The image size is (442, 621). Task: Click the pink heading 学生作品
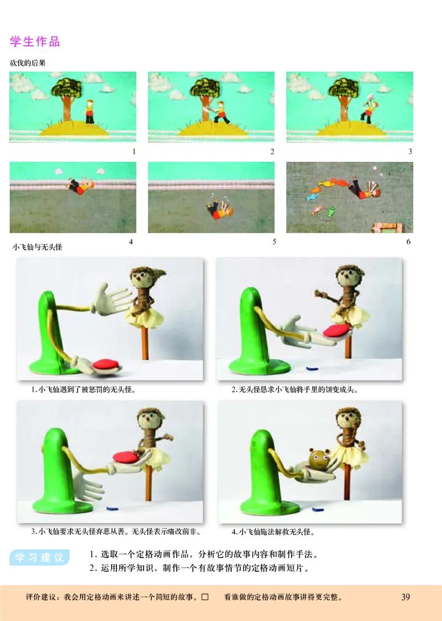pyautogui.click(x=35, y=41)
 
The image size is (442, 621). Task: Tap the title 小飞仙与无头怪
pyautogui.click(x=37, y=247)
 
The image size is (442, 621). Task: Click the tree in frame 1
pyautogui.click(x=66, y=98)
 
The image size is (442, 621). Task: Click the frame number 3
pyautogui.click(x=410, y=151)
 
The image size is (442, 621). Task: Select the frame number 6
pyautogui.click(x=408, y=241)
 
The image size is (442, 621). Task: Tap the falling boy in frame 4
pyautogui.click(x=81, y=185)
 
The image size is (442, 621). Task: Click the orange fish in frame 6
pyautogui.click(x=328, y=182)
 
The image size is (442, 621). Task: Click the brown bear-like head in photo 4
pyautogui.click(x=319, y=459)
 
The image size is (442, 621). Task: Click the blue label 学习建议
pyautogui.click(x=40, y=557)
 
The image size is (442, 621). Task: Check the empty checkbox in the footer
pyautogui.click(x=205, y=597)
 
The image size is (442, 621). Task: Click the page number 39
pyautogui.click(x=406, y=597)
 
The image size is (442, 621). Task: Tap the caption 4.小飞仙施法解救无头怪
pyautogui.click(x=273, y=532)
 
